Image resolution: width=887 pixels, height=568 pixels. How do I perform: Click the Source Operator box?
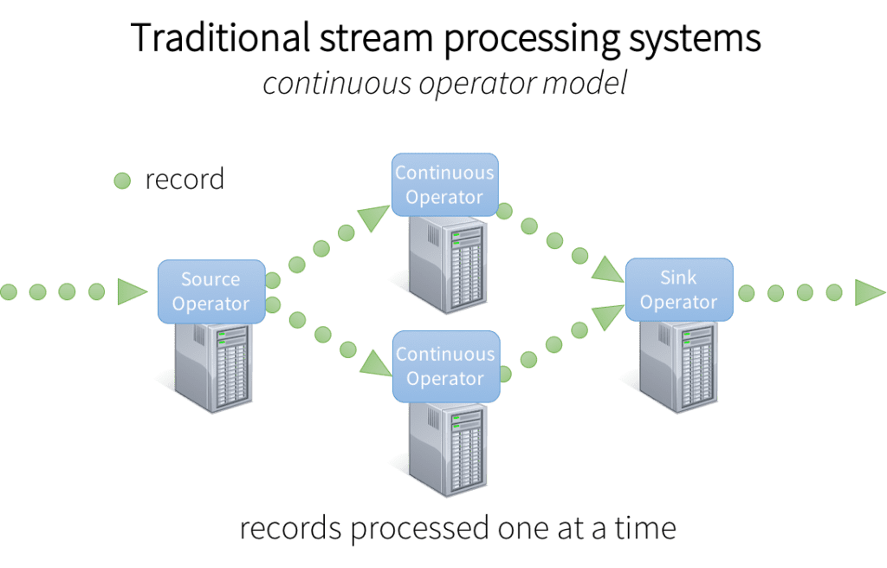click(x=210, y=291)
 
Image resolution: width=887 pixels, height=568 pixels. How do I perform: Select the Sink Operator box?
click(x=679, y=290)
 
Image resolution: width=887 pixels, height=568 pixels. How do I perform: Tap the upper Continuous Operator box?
click(x=444, y=185)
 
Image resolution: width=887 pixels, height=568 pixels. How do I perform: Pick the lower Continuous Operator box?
click(x=445, y=366)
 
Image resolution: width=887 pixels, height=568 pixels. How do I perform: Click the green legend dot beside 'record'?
click(x=122, y=180)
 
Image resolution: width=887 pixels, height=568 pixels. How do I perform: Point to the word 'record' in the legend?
click(x=185, y=180)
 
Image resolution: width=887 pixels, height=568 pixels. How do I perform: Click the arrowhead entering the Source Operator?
click(x=133, y=292)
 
